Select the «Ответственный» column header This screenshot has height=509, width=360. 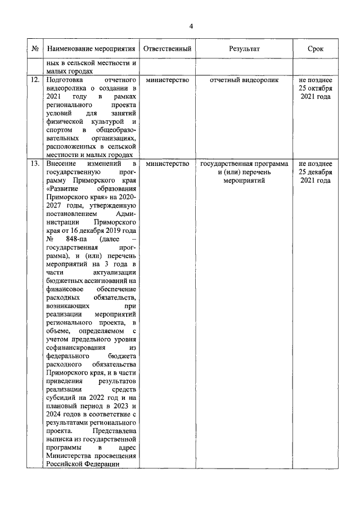168,49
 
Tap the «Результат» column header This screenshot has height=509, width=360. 244,49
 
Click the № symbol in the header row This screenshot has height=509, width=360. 35,49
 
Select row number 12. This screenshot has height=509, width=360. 35,80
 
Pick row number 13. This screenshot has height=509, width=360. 35,164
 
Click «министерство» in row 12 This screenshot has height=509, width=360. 168,80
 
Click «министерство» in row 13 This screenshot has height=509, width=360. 168,164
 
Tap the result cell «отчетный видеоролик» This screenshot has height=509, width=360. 244,80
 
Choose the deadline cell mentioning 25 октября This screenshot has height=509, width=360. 316,88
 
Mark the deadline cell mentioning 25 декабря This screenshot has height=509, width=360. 316,172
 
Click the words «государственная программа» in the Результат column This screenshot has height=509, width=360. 244,164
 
